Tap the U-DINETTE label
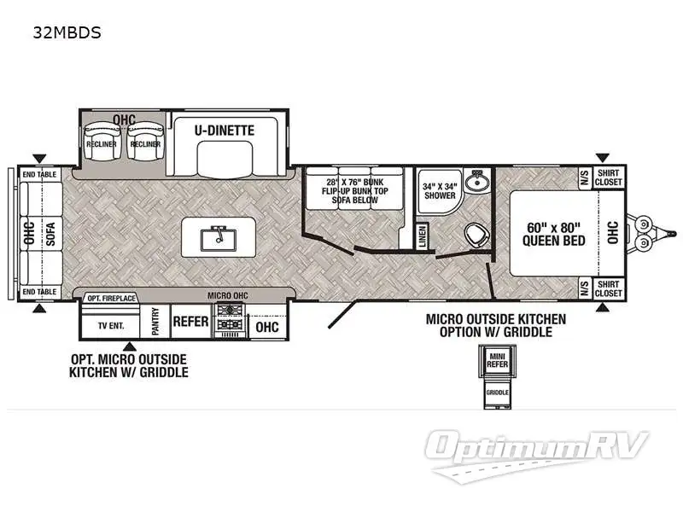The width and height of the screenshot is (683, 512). (x=225, y=131)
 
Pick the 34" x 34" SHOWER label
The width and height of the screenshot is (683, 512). (x=441, y=189)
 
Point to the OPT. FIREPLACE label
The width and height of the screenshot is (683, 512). (x=111, y=298)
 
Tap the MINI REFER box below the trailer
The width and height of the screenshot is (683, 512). (x=497, y=358)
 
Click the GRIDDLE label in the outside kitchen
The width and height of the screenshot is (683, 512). (x=497, y=393)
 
